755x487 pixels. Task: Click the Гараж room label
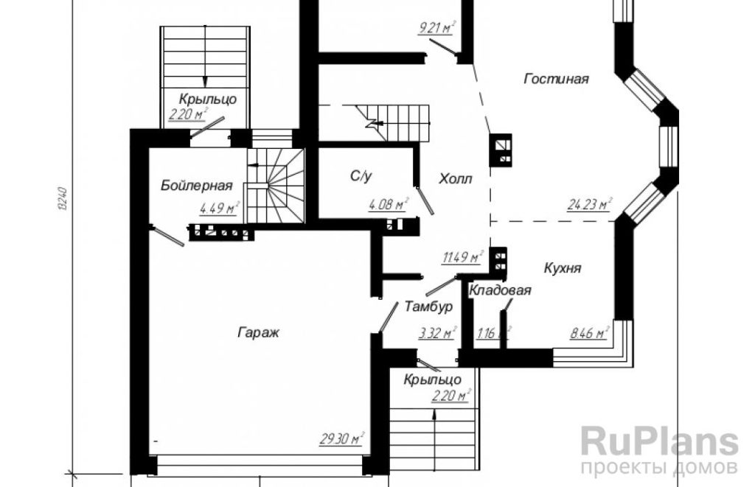tap(259, 332)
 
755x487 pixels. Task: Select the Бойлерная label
tap(196, 185)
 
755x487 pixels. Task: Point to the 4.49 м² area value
tap(220, 209)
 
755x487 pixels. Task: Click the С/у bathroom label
tap(361, 176)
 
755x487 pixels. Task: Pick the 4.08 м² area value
tap(389, 205)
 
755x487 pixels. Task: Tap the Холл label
tap(456, 179)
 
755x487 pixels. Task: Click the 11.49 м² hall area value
tap(462, 257)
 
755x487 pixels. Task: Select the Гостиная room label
tap(556, 78)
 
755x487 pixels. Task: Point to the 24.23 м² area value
tap(589, 204)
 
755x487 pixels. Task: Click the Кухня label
tap(563, 268)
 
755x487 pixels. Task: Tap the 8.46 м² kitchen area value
tap(590, 332)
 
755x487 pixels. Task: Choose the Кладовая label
tap(501, 290)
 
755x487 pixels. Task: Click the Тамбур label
tap(428, 306)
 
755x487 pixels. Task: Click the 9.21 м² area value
tap(436, 28)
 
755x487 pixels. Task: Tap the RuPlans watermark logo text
tap(659, 442)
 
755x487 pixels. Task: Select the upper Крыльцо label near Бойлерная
tap(208, 99)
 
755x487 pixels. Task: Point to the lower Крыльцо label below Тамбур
tap(432, 379)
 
